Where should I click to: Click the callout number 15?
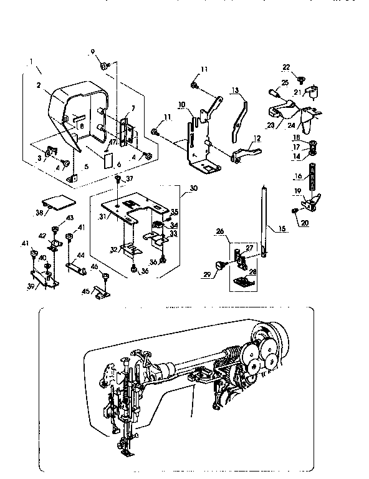[282, 230]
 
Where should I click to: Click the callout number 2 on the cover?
[39, 85]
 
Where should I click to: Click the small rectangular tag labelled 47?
[107, 160]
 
